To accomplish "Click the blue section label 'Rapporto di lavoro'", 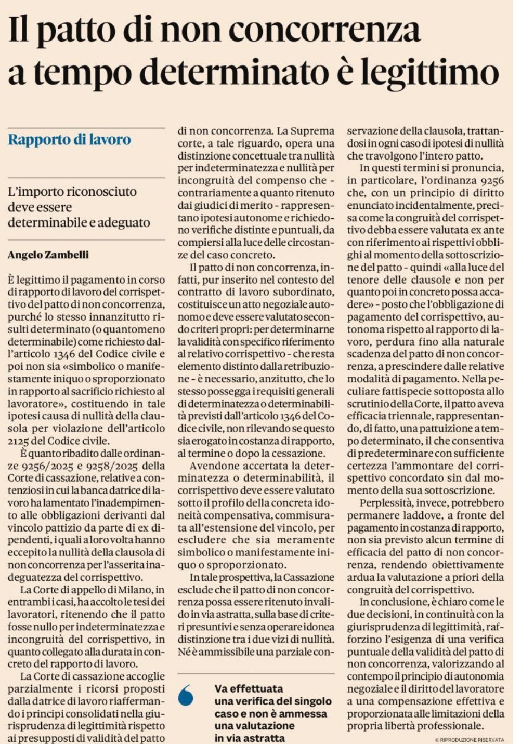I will pyautogui.click(x=69, y=140).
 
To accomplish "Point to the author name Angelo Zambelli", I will pyautogui.click(x=48, y=255).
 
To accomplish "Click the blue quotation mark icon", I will pyautogui.click(x=186, y=695).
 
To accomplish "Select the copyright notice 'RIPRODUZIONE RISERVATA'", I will pyautogui.click(x=472, y=739).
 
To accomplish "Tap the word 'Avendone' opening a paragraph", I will pyautogui.click(x=212, y=466).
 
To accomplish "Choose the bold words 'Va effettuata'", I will pyautogui.click(x=249, y=689).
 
